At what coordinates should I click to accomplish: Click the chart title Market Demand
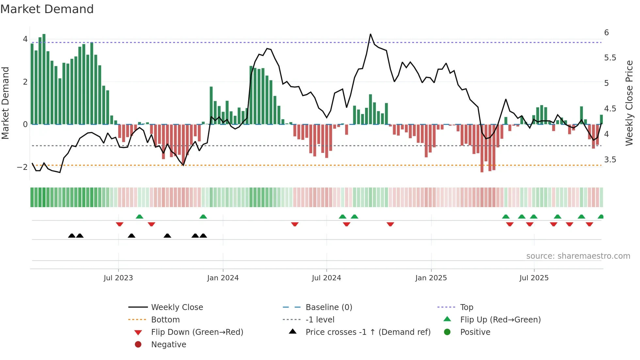(47, 9)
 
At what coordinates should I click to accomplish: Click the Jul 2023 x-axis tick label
(118, 278)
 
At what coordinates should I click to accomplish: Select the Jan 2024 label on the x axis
(223, 278)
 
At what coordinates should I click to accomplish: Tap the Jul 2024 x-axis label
(326, 278)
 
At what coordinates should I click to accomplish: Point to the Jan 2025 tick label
(431, 278)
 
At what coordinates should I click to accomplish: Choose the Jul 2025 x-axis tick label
(534, 278)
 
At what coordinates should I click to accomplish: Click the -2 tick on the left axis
(23, 167)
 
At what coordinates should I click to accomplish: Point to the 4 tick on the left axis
(25, 39)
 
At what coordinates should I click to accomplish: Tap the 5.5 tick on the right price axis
(610, 58)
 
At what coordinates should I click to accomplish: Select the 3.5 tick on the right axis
(610, 160)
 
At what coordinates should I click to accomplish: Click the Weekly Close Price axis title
(629, 103)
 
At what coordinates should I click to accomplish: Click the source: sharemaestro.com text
(578, 256)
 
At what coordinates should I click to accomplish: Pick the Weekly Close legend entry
(177, 307)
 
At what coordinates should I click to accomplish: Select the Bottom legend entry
(165, 320)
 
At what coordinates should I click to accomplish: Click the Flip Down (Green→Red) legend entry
(197, 332)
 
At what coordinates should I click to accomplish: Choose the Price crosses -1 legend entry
(368, 332)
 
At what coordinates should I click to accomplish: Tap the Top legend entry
(467, 307)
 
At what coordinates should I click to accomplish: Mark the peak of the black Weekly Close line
(370, 34)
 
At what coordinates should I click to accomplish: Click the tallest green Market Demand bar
(44, 79)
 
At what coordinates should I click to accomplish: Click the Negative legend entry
(168, 345)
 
